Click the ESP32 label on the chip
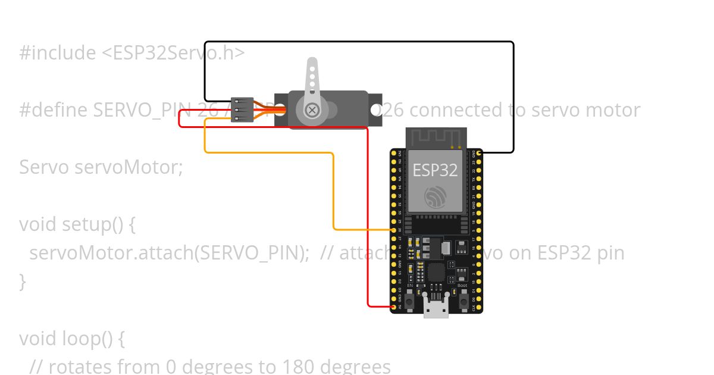(435, 170)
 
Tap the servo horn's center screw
(312, 110)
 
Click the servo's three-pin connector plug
(242, 110)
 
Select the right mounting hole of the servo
(375, 110)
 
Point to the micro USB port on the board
(436, 309)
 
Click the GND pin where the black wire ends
(480, 153)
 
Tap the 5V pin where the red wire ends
(393, 307)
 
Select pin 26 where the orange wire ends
(393, 229)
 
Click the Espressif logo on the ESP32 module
(435, 197)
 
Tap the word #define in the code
(54, 110)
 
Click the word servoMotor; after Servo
(129, 167)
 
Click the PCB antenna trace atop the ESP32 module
(436, 137)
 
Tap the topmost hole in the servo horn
(312, 68)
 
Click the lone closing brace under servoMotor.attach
(23, 281)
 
